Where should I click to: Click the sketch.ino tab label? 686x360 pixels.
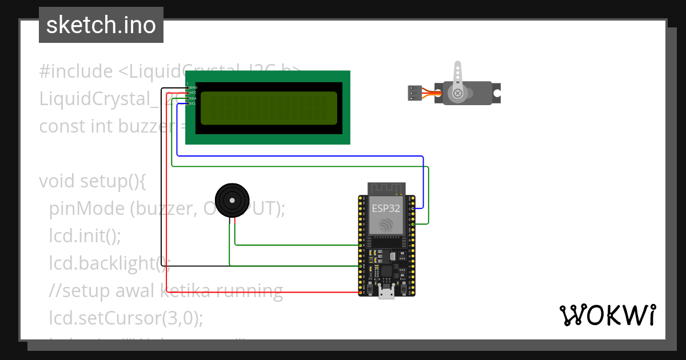[101, 25]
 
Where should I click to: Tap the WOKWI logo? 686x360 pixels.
[607, 315]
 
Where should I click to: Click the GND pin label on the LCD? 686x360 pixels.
[193, 87]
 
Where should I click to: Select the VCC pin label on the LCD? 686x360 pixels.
[193, 93]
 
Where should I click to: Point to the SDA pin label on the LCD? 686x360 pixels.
[193, 98]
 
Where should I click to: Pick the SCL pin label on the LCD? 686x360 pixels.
[193, 103]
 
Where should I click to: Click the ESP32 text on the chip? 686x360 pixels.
[386, 208]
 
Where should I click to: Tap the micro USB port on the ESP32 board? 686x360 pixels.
[386, 293]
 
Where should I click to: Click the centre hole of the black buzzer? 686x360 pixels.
[232, 200]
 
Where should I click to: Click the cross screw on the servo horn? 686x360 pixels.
[457, 93]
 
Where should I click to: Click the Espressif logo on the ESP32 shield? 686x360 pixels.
[386, 225]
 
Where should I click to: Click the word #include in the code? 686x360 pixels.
[76, 72]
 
